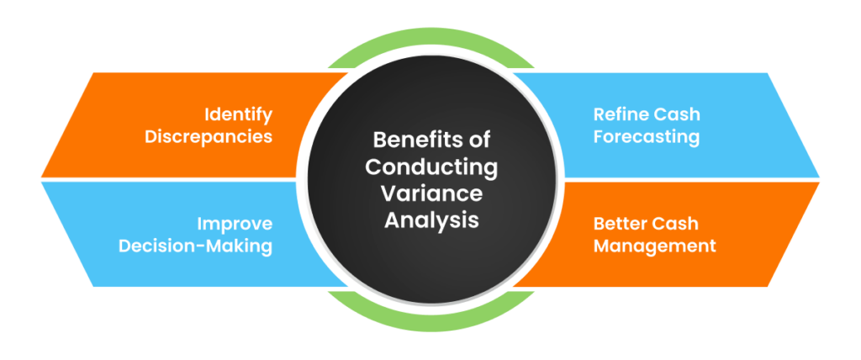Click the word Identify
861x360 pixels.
point(237,114)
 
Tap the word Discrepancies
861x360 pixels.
point(209,136)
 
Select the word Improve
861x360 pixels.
point(235,224)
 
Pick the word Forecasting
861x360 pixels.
point(646,136)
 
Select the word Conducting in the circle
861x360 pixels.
point(430,166)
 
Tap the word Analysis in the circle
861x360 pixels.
point(430,220)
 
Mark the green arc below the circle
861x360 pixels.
point(430,310)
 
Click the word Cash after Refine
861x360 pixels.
point(677,114)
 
